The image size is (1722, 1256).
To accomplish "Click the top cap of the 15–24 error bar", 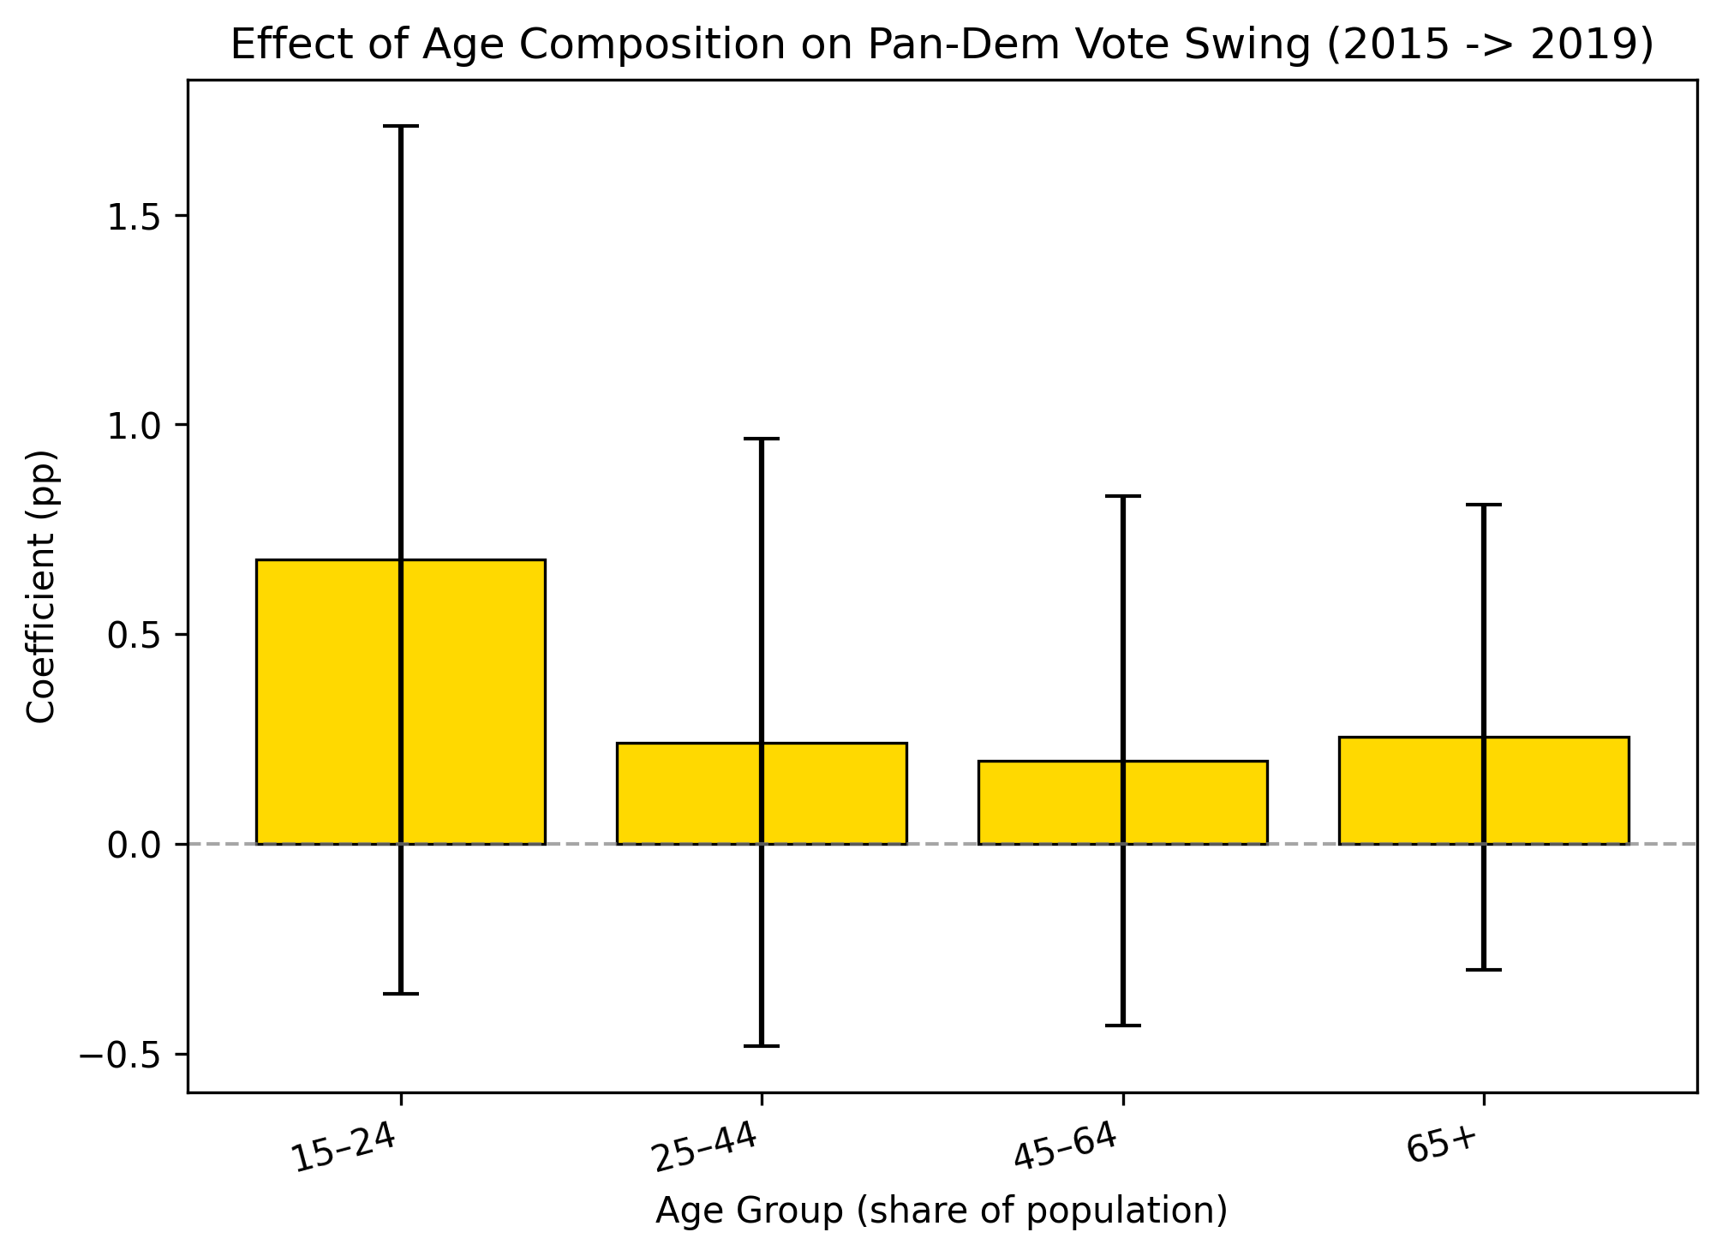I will click(x=400, y=126).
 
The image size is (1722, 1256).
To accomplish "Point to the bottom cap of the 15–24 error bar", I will click(x=400, y=994).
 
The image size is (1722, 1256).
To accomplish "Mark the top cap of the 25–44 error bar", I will click(x=762, y=439).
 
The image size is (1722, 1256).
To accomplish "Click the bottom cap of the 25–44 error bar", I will click(x=762, y=1046).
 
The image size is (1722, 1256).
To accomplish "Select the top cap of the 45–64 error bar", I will click(x=1123, y=496).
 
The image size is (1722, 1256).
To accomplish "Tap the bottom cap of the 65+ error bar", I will click(x=1484, y=970).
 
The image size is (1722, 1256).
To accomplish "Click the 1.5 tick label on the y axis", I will click(x=135, y=216).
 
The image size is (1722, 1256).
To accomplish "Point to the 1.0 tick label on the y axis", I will click(x=135, y=426).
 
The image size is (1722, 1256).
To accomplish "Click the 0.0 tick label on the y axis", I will click(x=135, y=846).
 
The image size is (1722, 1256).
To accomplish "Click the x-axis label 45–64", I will click(x=1066, y=1148).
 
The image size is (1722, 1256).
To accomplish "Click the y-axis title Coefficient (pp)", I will click(x=41, y=587).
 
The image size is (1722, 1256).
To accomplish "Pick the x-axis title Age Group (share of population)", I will click(x=942, y=1211).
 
